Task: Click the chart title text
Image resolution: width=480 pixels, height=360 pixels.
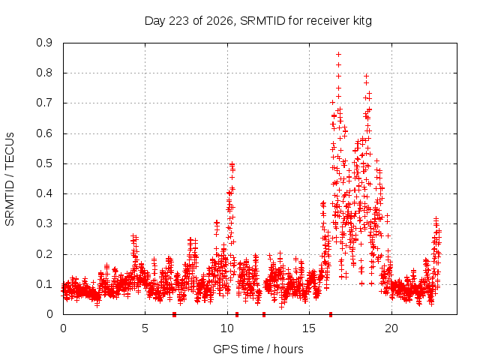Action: point(258,21)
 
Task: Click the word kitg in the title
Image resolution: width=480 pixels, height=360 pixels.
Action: point(361,21)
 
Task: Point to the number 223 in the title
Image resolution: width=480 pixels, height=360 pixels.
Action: point(179,21)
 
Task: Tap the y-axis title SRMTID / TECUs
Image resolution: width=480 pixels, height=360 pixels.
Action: point(10,179)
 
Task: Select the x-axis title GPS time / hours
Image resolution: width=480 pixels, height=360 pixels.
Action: point(258,349)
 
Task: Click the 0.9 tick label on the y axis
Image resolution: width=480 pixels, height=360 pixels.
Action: point(44,43)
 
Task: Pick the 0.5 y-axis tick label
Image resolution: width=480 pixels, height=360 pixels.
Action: point(44,163)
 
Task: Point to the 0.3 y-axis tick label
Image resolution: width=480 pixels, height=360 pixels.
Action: point(44,223)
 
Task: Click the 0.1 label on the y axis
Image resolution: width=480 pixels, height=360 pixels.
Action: point(44,284)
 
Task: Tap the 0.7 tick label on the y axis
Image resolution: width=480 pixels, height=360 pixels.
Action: point(44,103)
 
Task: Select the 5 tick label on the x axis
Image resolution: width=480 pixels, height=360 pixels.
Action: point(145,328)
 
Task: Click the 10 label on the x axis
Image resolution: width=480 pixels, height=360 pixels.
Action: point(227,328)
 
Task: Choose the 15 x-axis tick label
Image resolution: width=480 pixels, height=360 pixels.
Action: point(309,328)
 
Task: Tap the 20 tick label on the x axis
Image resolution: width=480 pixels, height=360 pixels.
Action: point(391,328)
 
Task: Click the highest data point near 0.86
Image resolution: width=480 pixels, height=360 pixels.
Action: point(338,55)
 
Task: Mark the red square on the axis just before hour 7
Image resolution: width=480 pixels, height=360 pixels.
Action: point(174,314)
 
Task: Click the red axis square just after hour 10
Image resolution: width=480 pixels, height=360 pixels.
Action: point(237,314)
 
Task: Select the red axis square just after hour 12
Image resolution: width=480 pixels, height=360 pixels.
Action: point(264,314)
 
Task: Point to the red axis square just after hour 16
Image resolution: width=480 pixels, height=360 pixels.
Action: point(331,314)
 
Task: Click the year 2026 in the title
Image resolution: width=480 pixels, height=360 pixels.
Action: point(220,21)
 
